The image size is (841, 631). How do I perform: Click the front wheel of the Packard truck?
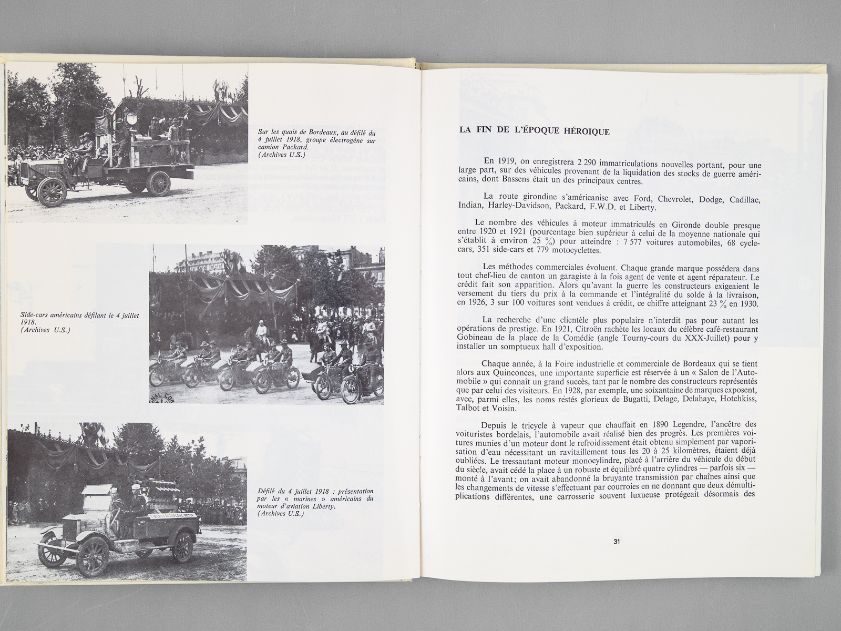coord(51,191)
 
